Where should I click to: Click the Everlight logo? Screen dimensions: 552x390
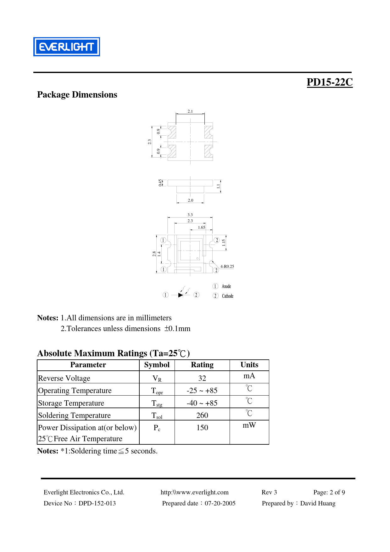pyautogui.click(x=67, y=47)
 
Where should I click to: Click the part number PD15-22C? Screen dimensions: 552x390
pyautogui.click(x=329, y=82)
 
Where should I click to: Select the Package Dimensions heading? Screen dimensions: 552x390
pyautogui.click(x=77, y=95)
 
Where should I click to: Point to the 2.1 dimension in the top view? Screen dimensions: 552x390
pyautogui.click(x=190, y=111)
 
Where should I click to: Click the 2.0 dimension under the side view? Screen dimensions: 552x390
pyautogui.click(x=190, y=200)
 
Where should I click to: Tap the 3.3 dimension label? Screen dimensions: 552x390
pyautogui.click(x=190, y=215)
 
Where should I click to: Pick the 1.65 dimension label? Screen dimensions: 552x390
pyautogui.click(x=202, y=228)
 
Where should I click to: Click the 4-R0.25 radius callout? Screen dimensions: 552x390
pyautogui.click(x=227, y=267)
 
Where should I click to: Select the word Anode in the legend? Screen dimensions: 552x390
pyautogui.click(x=226, y=286)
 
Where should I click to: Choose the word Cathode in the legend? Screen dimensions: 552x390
pyautogui.click(x=227, y=296)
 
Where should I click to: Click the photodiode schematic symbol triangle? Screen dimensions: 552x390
pyautogui.click(x=181, y=295)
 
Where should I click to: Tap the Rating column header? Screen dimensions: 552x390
pyautogui.click(x=202, y=365)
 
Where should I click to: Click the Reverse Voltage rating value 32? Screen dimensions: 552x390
pyautogui.click(x=202, y=378)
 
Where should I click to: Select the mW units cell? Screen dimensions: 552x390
pyautogui.click(x=249, y=425)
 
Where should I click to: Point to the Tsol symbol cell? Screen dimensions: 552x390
pyautogui.click(x=157, y=416)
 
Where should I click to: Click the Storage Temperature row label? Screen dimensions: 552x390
pyautogui.click(x=71, y=403)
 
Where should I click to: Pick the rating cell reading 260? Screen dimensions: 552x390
pyautogui.click(x=202, y=415)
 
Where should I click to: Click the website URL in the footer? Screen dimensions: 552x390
pyautogui.click(x=194, y=492)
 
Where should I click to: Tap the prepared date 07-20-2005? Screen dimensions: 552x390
pyautogui.click(x=220, y=503)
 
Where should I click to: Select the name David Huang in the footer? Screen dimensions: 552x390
pyautogui.click(x=318, y=503)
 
